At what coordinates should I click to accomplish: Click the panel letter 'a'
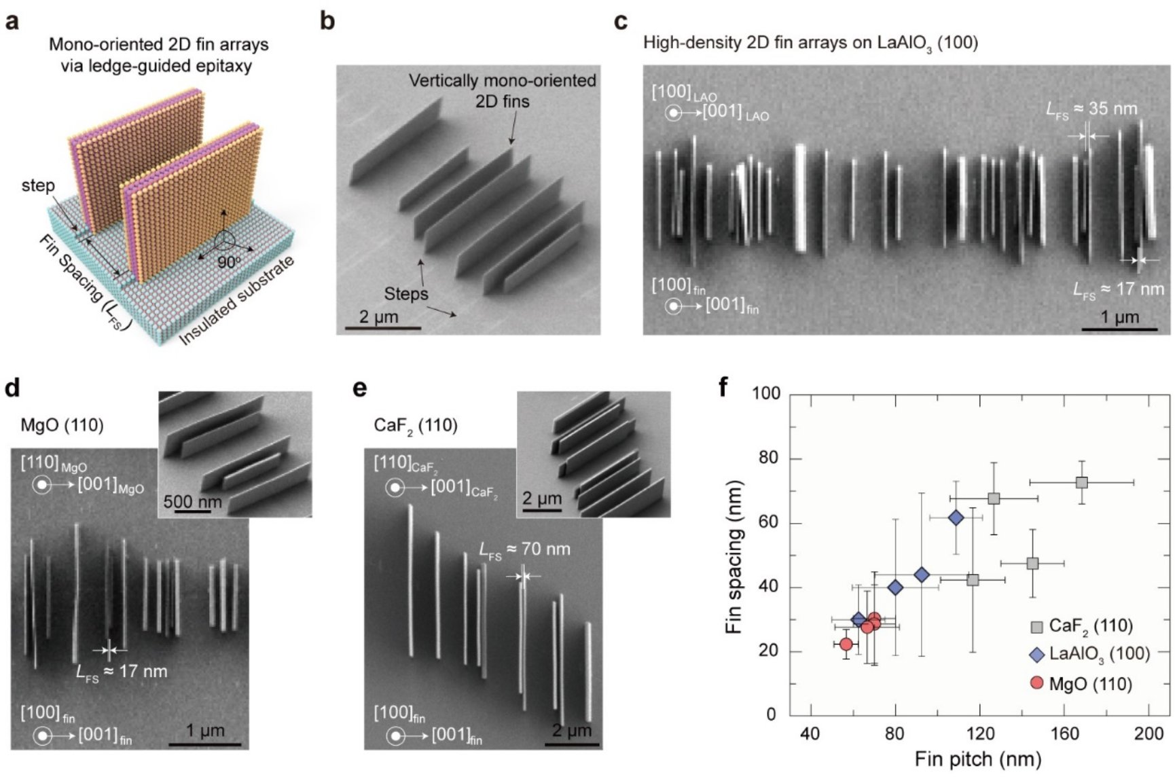(x=12, y=22)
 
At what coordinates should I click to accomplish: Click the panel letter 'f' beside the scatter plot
(x=724, y=387)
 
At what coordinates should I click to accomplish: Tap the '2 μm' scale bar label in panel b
(x=378, y=316)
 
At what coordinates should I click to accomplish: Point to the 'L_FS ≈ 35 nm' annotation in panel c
(x=1091, y=109)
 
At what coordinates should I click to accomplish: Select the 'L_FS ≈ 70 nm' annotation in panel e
(x=524, y=549)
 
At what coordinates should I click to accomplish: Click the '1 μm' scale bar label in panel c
(x=1119, y=317)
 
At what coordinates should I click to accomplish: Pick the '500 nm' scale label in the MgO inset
(x=193, y=502)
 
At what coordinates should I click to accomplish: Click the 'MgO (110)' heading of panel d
(x=62, y=425)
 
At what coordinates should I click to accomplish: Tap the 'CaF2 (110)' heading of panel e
(x=416, y=425)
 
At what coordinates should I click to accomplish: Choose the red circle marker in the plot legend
(x=1036, y=683)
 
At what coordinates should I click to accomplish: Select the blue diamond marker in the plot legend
(x=1036, y=654)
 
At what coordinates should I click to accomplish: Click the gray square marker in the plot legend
(x=1036, y=626)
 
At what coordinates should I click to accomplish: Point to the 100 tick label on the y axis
(x=766, y=393)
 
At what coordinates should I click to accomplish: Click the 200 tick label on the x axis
(x=1149, y=733)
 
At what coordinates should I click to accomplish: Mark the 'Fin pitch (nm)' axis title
(x=977, y=759)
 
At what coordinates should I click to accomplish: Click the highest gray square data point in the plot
(x=1082, y=483)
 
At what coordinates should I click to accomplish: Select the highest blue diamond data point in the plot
(x=956, y=518)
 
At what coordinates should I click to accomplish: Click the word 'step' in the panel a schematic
(x=38, y=185)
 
